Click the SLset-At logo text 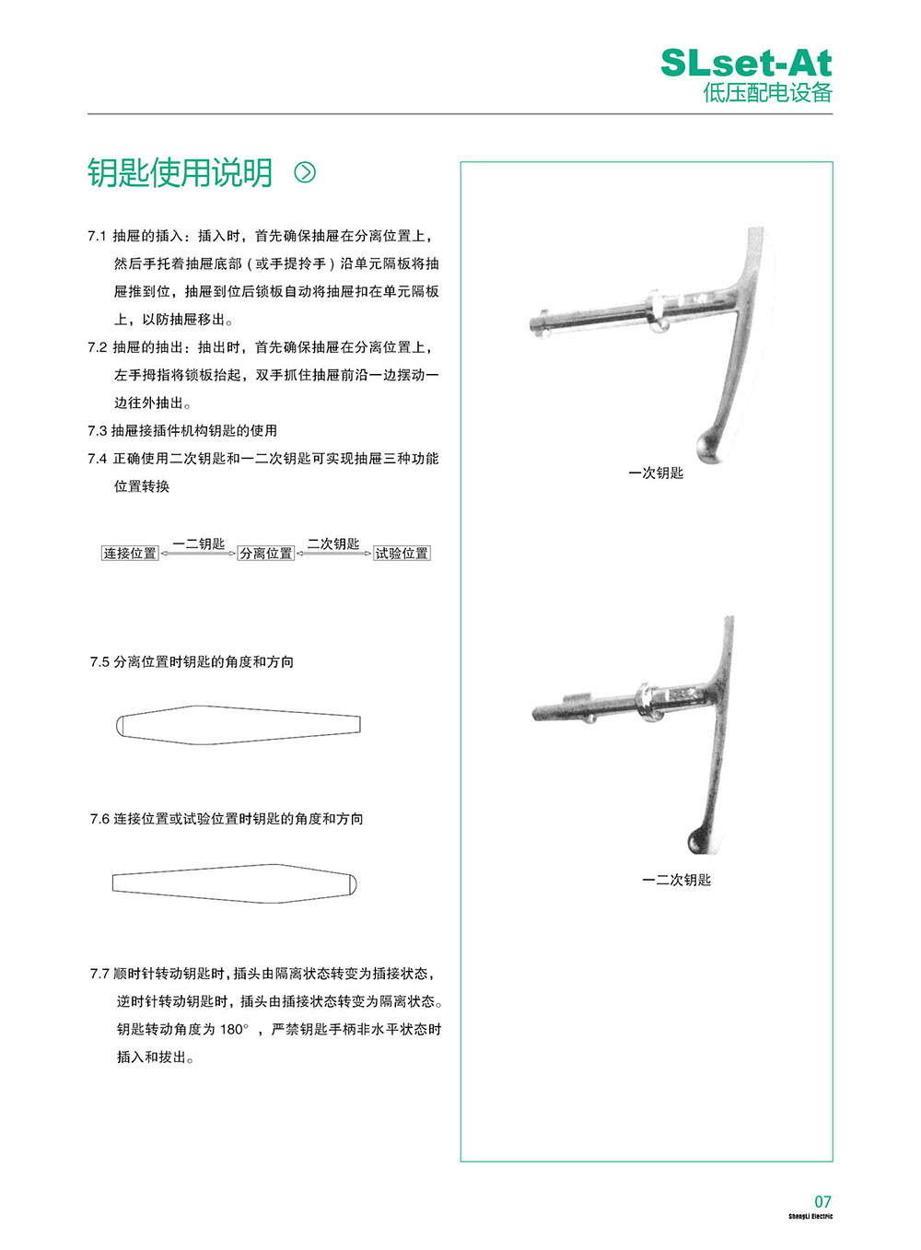746,63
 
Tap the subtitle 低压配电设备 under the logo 767,93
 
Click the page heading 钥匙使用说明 181,172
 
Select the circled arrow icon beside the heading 305,172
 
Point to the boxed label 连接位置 130,554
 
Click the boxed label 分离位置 266,554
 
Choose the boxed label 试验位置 402,554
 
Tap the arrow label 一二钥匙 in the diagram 199,543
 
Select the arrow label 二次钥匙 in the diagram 333,543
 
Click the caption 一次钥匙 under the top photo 656,473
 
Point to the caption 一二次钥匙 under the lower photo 676,881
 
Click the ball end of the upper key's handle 710,445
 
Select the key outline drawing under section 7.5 239,725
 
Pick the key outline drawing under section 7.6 234,883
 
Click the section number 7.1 97,237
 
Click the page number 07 822,1201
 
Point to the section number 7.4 97,459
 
